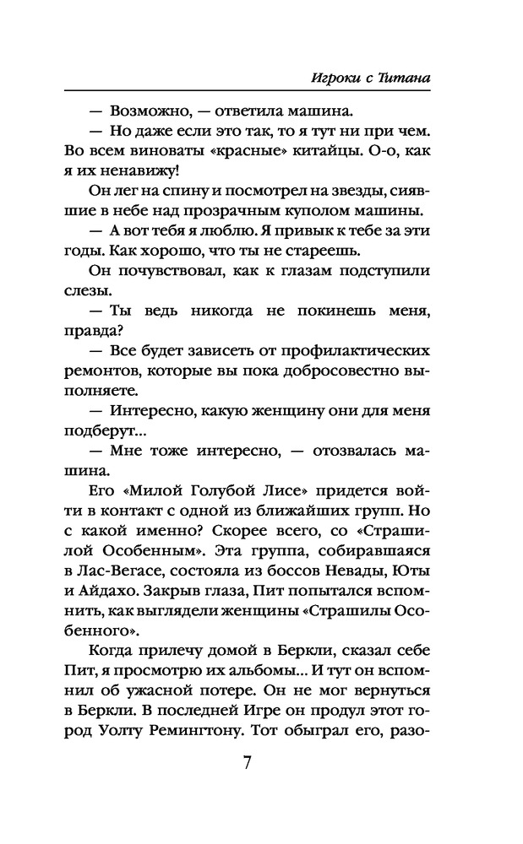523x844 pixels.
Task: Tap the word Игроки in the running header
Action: pyautogui.click(x=327, y=78)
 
